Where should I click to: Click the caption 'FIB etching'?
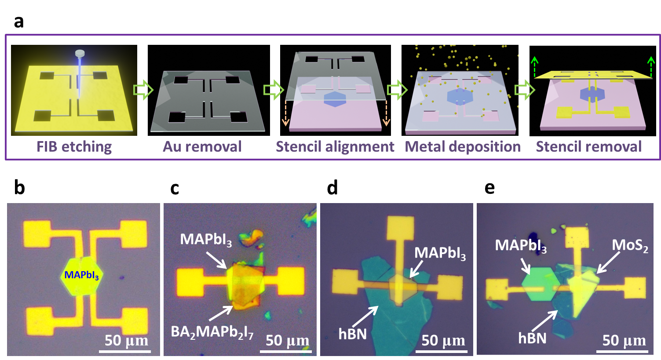coord(74,146)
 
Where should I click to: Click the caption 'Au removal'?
coord(202,146)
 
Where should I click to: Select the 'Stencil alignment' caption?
coord(335,146)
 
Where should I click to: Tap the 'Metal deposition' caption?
coord(463,146)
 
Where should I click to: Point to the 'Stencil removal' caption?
coord(588,146)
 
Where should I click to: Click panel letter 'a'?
coord(18,21)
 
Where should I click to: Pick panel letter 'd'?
coord(332,188)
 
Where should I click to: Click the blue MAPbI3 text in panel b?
coord(81,276)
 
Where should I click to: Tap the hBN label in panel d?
coord(352,334)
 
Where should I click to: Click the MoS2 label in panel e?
coord(630,246)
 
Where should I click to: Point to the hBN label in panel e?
coord(532,338)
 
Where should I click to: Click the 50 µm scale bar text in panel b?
coord(127,341)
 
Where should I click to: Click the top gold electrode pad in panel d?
coord(400,229)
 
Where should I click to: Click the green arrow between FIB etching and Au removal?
coord(143,91)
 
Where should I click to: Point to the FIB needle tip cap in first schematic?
coord(80,54)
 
